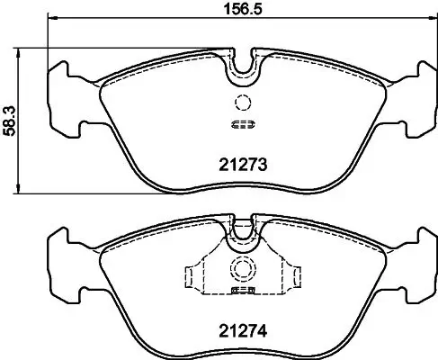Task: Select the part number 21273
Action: coord(240,164)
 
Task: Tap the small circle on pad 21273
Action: coord(240,102)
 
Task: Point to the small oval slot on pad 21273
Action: coord(240,124)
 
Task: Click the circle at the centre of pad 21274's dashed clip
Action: coord(240,268)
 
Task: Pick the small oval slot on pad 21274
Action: coord(240,292)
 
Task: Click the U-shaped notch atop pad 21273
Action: coord(240,65)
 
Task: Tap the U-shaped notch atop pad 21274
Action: coord(240,232)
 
